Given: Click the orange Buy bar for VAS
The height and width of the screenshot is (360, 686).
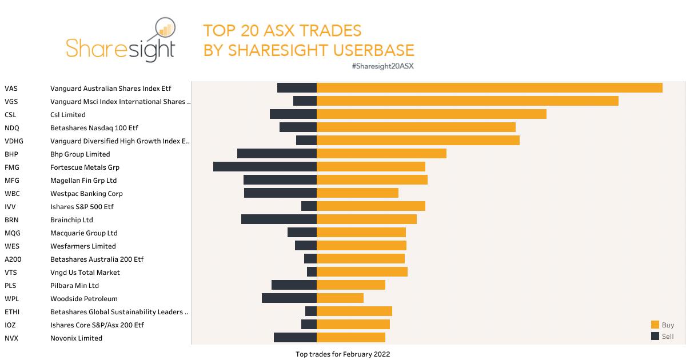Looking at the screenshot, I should (x=489, y=88).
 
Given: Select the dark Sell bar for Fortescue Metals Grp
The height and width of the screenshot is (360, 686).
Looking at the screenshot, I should (x=265, y=167).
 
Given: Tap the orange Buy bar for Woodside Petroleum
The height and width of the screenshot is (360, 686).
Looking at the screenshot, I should (x=340, y=298).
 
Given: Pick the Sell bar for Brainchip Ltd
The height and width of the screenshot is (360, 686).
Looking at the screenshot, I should (x=279, y=219).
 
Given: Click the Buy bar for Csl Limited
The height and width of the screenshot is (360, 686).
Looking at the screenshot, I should (x=432, y=114).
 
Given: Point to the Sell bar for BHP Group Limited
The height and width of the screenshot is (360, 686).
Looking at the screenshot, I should (x=277, y=154).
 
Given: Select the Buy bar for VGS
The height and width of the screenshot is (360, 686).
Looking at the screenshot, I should (x=468, y=101).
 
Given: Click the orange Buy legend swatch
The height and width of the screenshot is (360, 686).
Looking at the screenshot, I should (x=655, y=325).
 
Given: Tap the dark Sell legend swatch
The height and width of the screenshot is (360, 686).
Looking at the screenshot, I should (x=655, y=336).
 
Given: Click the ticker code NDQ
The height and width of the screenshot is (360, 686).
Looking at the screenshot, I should (x=12, y=128).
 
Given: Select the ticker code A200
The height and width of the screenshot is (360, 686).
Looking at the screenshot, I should (x=13, y=259).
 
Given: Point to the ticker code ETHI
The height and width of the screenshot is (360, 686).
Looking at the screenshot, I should (x=13, y=312).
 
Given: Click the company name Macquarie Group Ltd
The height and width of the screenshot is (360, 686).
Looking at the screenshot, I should (x=83, y=233).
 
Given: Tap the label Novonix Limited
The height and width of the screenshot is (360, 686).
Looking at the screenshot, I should (x=76, y=338).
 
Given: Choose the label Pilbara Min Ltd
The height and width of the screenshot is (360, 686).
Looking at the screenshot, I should (x=74, y=286).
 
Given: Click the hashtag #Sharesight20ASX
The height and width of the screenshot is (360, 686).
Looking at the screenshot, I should (x=383, y=66).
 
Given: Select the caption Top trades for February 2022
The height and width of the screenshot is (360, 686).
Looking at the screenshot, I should (x=342, y=354).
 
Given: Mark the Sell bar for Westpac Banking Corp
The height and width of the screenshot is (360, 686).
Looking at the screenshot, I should (x=280, y=193).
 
